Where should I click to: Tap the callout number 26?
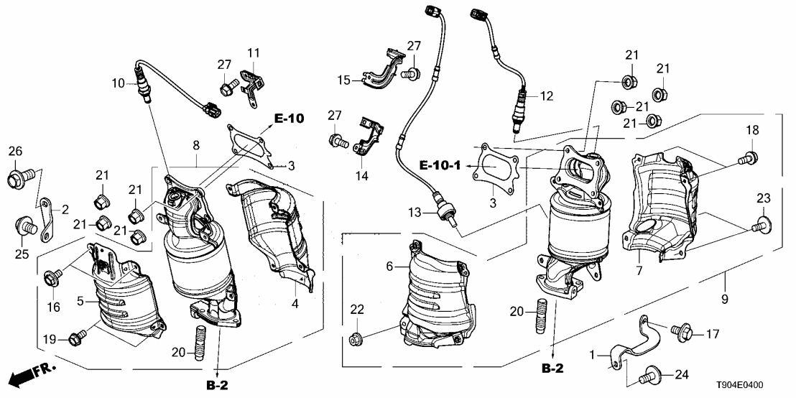[16, 152]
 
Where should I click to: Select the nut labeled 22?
[354, 338]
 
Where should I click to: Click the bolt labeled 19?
[77, 335]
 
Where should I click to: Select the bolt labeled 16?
[55, 274]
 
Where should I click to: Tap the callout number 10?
[118, 83]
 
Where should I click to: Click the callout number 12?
[547, 95]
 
